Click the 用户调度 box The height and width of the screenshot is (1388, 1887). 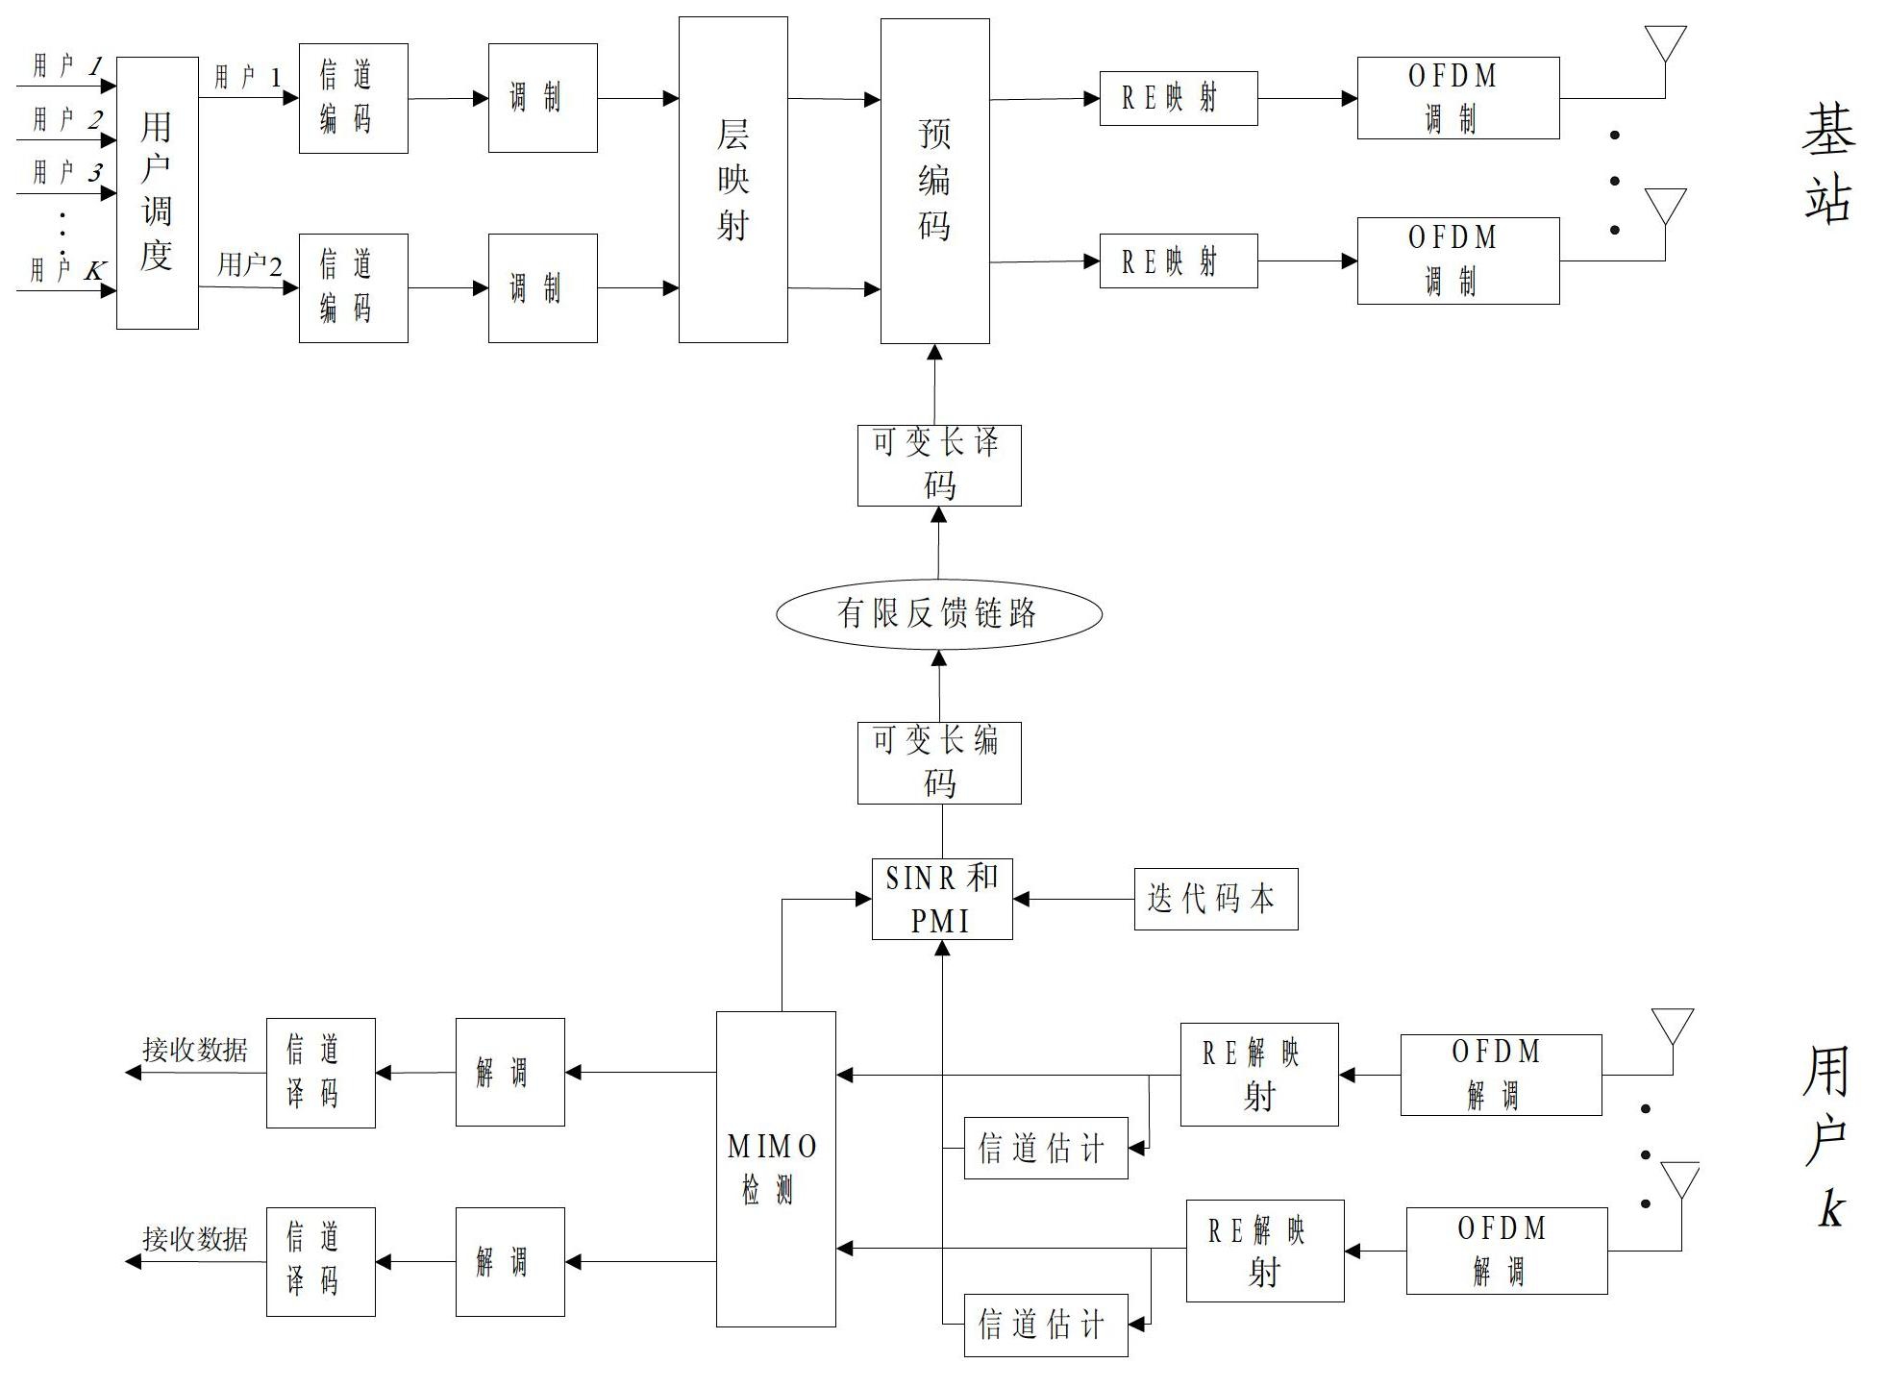point(158,192)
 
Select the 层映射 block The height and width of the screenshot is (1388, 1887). point(733,180)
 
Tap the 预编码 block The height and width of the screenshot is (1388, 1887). point(935,181)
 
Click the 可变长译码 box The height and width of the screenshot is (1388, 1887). point(939,465)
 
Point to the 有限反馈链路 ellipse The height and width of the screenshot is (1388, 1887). point(939,613)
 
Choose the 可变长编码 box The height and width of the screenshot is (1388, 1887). point(939,763)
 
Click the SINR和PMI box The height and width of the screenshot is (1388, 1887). point(942,899)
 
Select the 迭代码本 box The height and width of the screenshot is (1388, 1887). point(1216,899)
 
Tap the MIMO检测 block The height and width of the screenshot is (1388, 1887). point(776,1169)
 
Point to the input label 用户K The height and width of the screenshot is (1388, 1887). point(67,269)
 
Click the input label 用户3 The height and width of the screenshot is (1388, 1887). point(67,172)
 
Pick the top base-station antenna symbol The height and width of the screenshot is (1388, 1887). point(1665,46)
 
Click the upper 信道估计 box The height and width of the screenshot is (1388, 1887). point(1046,1148)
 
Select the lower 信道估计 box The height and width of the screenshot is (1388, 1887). point(1046,1326)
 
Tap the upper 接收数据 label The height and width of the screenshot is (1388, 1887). point(195,1050)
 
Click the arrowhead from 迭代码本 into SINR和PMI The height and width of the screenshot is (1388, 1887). point(1022,899)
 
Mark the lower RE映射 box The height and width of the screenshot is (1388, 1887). point(1179,260)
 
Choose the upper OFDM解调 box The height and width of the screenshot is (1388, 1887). point(1501,1075)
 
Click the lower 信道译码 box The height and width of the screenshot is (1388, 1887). point(321,1262)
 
